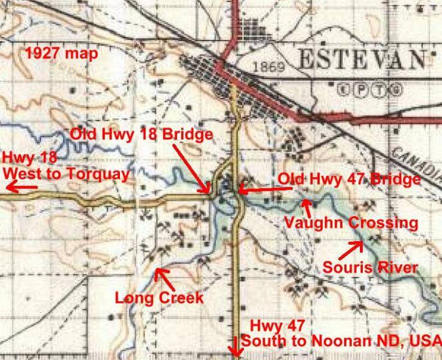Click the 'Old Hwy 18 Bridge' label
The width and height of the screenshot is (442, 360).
[142, 134]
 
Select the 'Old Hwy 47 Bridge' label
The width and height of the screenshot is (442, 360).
[349, 179]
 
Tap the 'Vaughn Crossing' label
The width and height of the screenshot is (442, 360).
[350, 223]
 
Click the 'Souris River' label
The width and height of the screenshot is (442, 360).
[370, 267]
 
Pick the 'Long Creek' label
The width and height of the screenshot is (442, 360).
[159, 297]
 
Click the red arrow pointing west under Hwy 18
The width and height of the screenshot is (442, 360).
[19, 188]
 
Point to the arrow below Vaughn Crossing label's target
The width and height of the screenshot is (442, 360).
[308, 208]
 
